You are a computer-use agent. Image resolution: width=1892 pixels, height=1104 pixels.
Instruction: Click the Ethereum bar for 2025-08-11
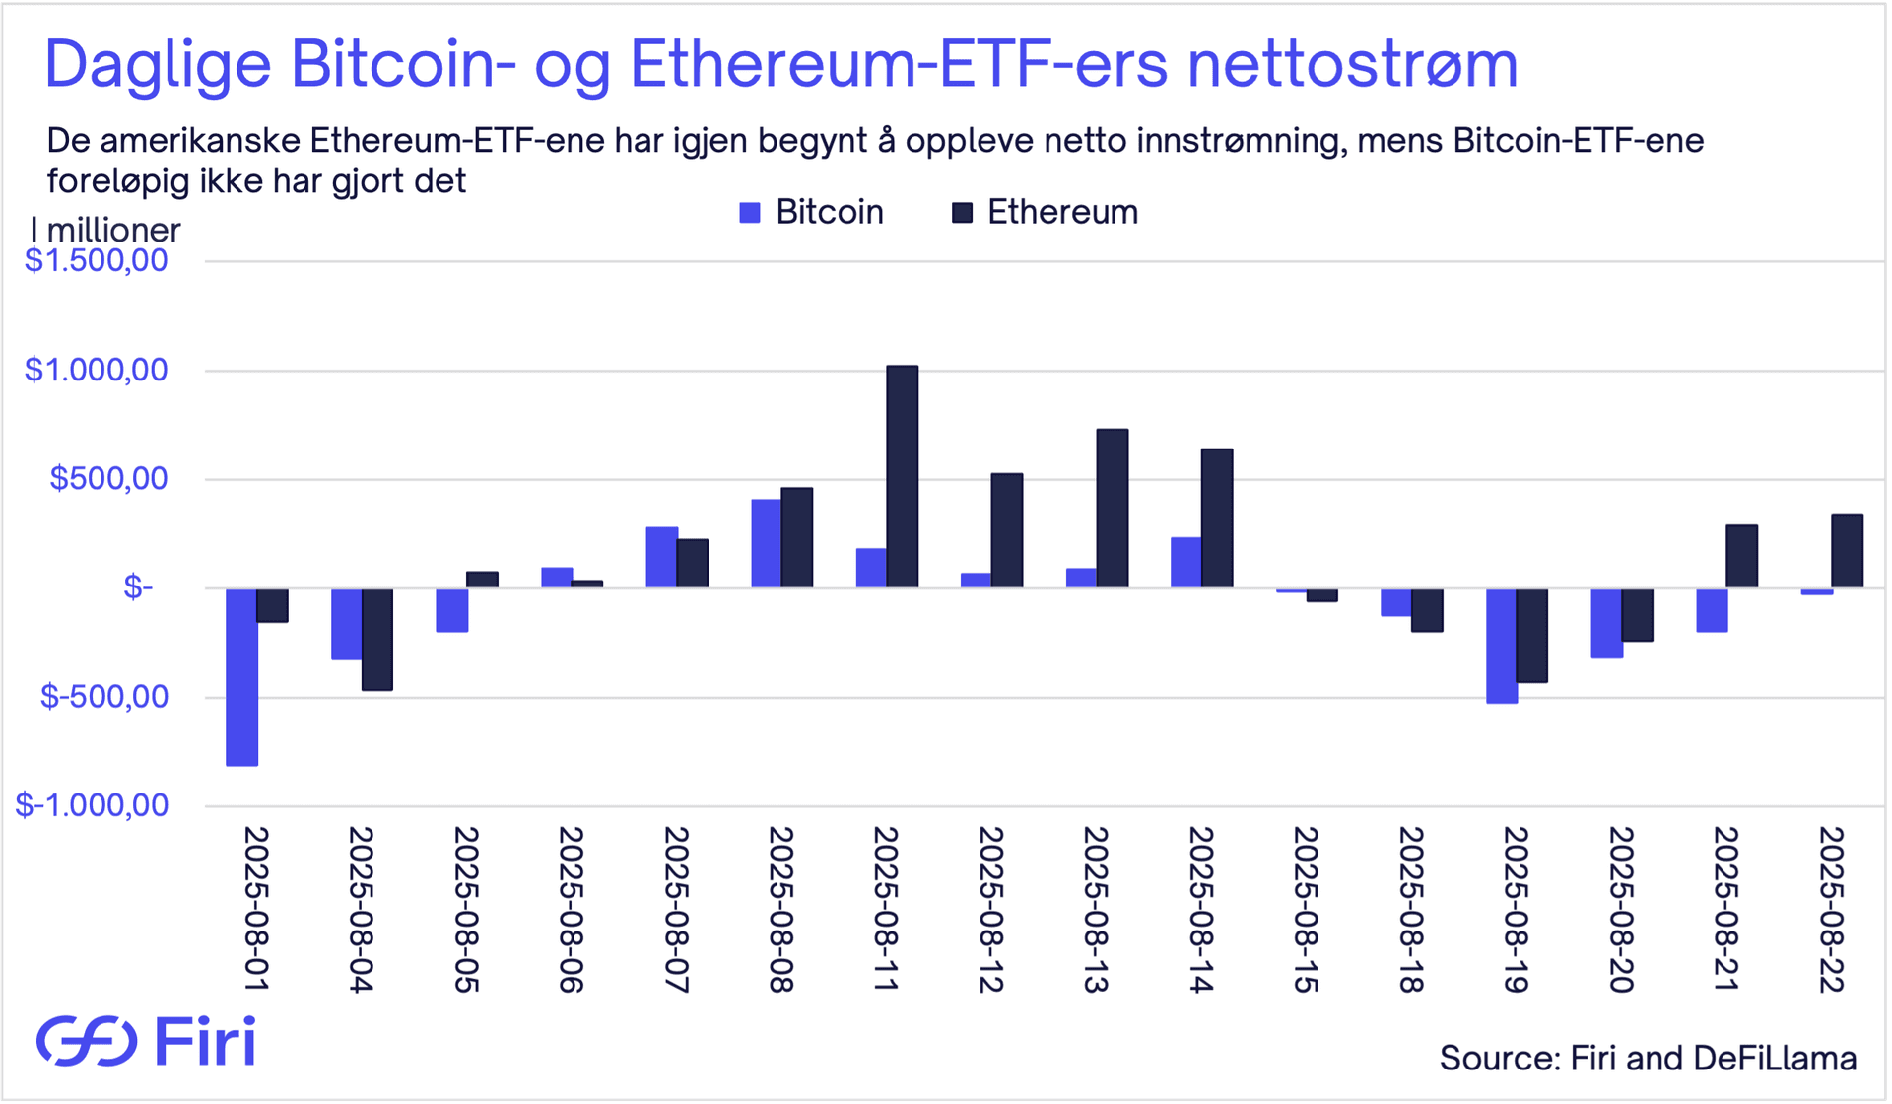click(903, 477)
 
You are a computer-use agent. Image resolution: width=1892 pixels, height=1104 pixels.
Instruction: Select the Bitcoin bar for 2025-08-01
click(242, 677)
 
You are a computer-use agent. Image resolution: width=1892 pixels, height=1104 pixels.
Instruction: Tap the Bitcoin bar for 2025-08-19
click(1502, 646)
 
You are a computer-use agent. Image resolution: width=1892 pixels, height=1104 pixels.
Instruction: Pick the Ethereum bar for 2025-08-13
click(1113, 509)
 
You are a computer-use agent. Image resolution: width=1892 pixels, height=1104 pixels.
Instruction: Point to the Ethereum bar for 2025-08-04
click(377, 640)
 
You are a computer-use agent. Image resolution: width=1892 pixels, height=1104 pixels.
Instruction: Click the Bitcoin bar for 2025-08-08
click(767, 544)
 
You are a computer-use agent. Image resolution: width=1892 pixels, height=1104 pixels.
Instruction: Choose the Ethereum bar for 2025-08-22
click(1847, 551)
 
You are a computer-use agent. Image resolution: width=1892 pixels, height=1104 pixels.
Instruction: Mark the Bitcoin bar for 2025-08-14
click(1186, 563)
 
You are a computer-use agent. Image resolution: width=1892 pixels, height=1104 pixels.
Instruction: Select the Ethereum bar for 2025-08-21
click(1742, 557)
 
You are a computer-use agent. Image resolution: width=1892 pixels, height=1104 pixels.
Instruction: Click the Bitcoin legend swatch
click(750, 213)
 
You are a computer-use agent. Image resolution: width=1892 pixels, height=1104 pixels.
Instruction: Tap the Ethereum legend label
click(1062, 212)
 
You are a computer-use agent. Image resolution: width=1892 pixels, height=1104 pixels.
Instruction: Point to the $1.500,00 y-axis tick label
click(97, 261)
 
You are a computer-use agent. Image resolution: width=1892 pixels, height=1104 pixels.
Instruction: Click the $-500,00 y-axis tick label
click(104, 697)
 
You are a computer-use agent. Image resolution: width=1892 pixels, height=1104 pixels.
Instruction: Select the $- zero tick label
click(138, 588)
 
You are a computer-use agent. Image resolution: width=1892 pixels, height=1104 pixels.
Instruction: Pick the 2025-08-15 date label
click(1306, 909)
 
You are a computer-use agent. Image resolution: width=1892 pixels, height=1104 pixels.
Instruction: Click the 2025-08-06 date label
click(571, 909)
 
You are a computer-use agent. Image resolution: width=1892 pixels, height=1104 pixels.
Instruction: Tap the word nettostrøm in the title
click(1352, 64)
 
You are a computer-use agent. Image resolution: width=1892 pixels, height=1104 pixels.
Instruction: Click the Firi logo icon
click(87, 1041)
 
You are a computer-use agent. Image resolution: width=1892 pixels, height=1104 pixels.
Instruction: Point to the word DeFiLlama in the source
click(1775, 1058)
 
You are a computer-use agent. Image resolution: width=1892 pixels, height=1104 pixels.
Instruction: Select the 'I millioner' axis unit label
click(105, 230)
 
